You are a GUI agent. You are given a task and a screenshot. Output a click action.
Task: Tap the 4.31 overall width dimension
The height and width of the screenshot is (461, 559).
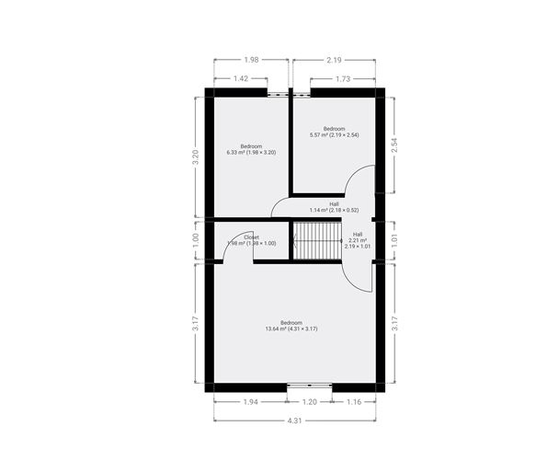tap(295, 421)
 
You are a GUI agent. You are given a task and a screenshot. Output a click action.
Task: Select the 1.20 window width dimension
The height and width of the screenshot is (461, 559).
tap(310, 403)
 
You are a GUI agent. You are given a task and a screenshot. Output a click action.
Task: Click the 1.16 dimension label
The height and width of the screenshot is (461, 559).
tap(354, 403)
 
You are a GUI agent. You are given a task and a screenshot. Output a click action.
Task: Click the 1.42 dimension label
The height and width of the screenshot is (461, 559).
tap(240, 79)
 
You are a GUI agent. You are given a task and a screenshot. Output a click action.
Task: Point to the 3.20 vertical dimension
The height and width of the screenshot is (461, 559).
tap(194, 156)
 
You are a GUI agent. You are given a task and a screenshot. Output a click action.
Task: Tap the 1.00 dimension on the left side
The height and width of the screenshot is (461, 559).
tap(194, 242)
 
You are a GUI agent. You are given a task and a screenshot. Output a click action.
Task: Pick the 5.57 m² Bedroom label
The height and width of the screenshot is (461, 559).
tap(334, 132)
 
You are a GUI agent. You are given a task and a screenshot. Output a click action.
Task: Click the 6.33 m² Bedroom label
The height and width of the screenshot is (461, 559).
tap(251, 149)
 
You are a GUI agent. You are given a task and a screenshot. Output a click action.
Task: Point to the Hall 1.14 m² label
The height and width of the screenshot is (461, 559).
tap(334, 207)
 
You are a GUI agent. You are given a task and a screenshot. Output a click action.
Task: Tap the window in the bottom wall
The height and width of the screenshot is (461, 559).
tap(310, 386)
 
